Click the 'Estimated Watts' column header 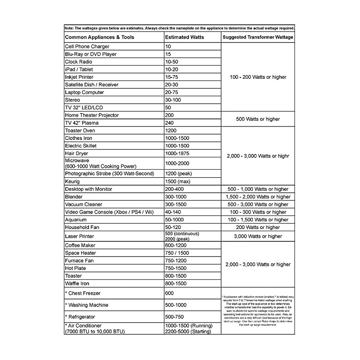184,37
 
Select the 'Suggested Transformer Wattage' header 258,37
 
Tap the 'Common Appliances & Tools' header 99,37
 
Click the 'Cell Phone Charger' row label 87,46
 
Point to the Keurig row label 73,181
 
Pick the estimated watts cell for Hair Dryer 178,153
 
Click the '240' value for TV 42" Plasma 170,123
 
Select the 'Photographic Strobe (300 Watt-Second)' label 109,173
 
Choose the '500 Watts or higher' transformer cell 258,119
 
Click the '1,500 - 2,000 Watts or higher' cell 258,197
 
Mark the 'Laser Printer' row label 80,236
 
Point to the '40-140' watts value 174,212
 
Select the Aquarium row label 76,220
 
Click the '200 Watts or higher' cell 258,227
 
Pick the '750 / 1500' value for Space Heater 177,253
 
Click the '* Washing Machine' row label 86,305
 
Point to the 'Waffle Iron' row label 77,283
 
